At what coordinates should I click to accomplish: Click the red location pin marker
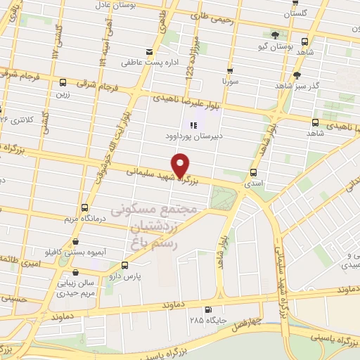[x=181, y=165]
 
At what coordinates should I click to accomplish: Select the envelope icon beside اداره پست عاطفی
[x=148, y=51]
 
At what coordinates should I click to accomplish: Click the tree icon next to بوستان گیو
[x=275, y=35]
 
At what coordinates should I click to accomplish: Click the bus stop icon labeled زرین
[x=63, y=81]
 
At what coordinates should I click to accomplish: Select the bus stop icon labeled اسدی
[x=253, y=172]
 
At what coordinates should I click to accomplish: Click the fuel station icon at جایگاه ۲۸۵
[x=207, y=310]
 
